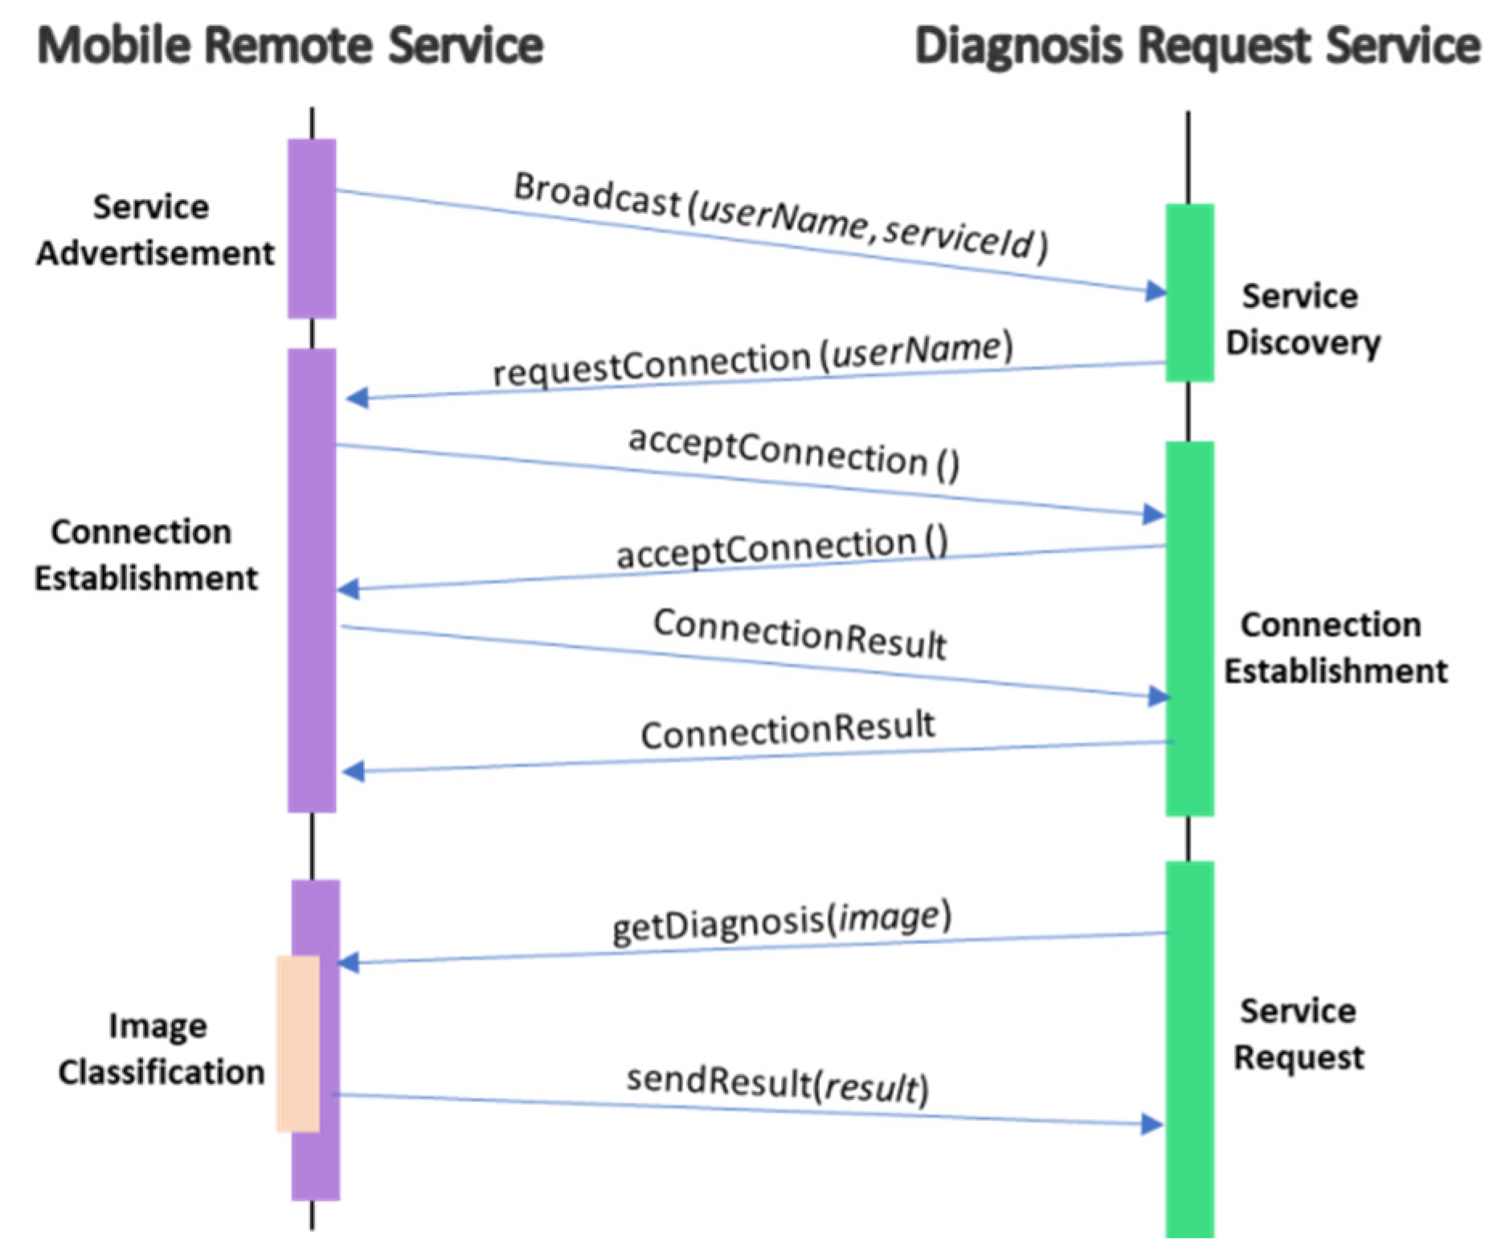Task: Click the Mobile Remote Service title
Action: pos(290,45)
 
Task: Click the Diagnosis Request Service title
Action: pos(1196,45)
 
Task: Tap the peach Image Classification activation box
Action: pos(297,1043)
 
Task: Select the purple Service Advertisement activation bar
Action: pos(312,229)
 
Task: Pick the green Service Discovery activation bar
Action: pos(1189,293)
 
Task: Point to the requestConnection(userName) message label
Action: pos(752,359)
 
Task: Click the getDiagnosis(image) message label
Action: pos(781,922)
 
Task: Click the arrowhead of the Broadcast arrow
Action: pos(1156,291)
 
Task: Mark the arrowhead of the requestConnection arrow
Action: pos(357,398)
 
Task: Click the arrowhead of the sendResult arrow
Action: pos(1153,1124)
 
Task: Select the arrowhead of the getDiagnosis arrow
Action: pos(349,963)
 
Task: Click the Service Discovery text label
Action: pos(1302,319)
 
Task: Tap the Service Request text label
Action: pos(1299,1033)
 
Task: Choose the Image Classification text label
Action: pos(161,1049)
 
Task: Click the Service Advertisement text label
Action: pos(154,230)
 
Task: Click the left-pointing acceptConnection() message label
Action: pos(782,549)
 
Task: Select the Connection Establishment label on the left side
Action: pos(145,554)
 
